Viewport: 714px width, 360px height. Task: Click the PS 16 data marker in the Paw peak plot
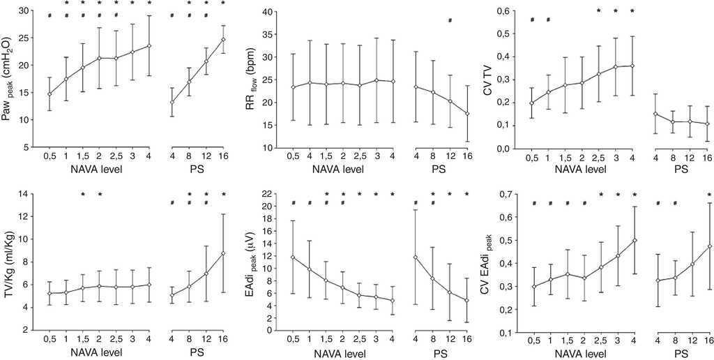(223, 40)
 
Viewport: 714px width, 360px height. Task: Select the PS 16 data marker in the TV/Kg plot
(223, 253)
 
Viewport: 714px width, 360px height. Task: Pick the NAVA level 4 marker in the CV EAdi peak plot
(635, 240)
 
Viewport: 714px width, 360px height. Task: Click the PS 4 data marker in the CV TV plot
(656, 114)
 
